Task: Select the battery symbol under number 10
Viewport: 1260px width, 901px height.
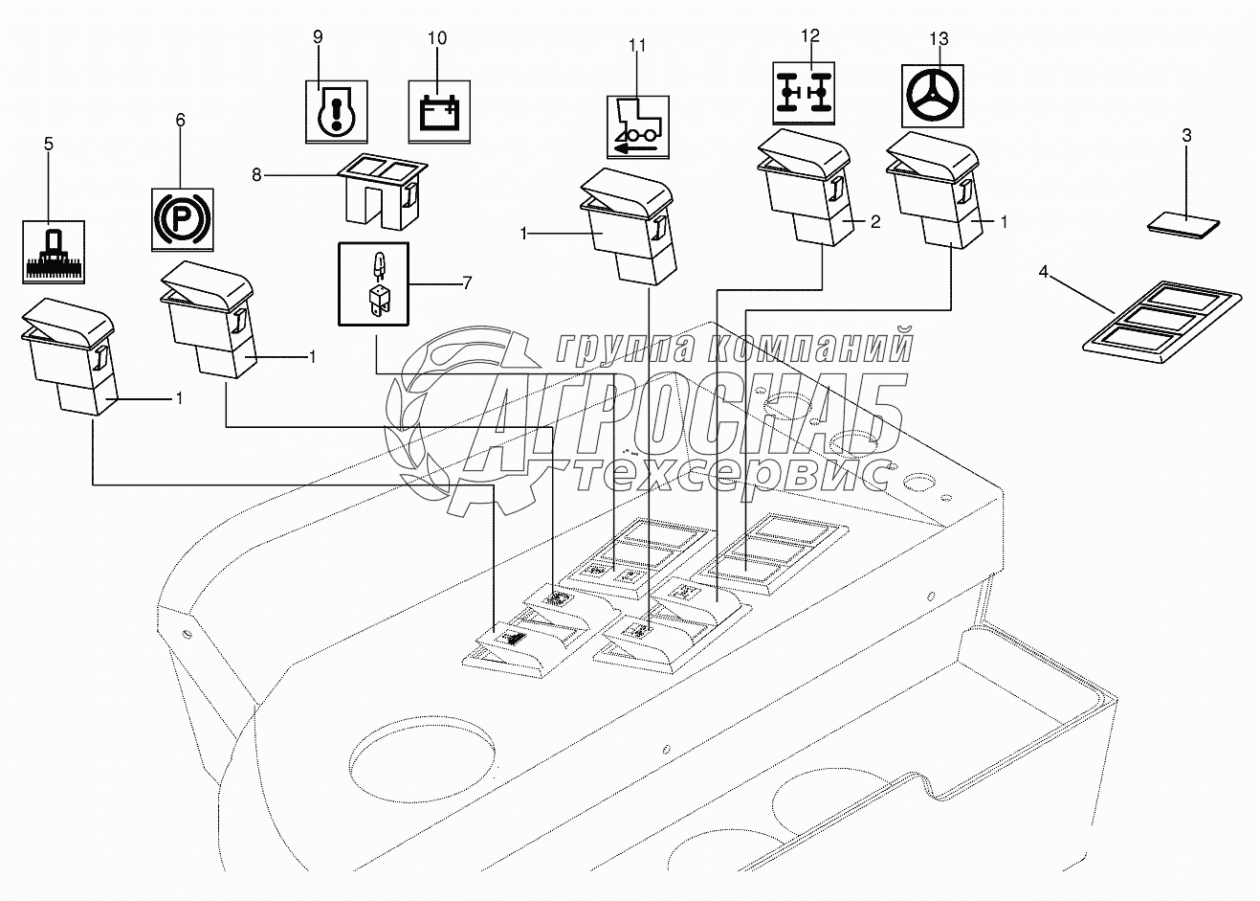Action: point(439,111)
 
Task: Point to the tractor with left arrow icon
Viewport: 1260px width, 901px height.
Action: point(638,125)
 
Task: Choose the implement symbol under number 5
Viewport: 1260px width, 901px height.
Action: point(54,251)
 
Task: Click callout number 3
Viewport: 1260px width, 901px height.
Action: point(1186,135)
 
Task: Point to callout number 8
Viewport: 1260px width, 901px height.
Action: point(255,174)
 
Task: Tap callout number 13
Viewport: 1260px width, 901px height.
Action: point(939,38)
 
